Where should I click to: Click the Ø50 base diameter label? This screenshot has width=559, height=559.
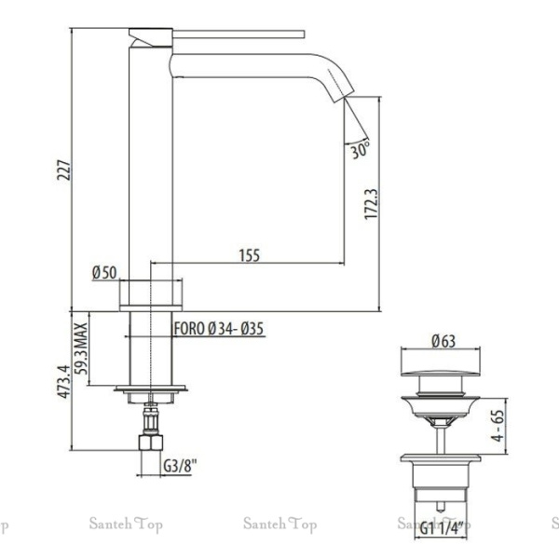pos(103,273)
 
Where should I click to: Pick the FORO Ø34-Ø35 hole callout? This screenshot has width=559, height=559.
pos(220,328)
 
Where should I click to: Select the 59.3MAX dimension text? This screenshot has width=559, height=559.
pos(81,348)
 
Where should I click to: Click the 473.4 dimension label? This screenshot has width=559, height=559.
pos(61,383)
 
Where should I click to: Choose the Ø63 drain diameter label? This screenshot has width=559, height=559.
pos(443,341)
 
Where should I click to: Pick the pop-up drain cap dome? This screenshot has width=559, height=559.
pos(441,382)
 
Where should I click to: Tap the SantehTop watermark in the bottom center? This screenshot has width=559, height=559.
pos(279,525)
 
